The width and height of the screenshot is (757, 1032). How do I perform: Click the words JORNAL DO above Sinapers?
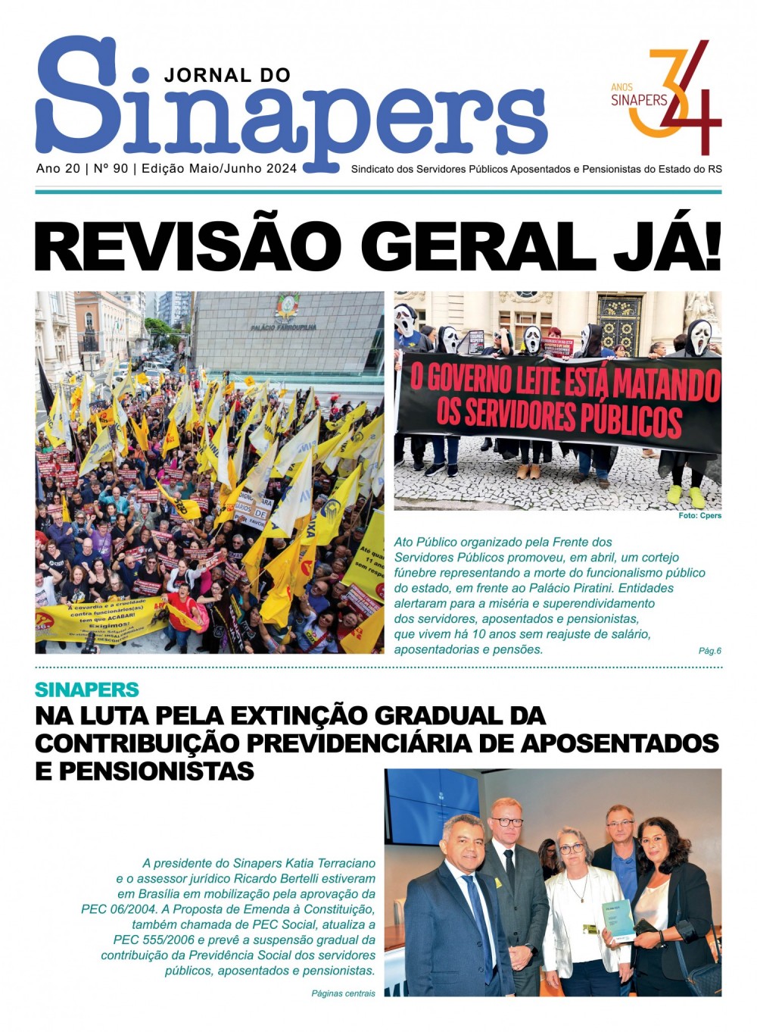[227, 75]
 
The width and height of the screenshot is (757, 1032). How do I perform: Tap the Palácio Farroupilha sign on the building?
[284, 327]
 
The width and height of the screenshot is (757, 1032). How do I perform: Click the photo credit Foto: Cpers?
[699, 516]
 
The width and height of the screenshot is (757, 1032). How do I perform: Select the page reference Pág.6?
[709, 651]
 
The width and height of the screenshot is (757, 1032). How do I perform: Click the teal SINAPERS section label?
[87, 690]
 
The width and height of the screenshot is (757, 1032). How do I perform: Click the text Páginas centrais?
[343, 993]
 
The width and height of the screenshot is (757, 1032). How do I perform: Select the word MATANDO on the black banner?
[667, 384]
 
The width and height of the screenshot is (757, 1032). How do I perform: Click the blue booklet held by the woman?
[618, 921]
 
